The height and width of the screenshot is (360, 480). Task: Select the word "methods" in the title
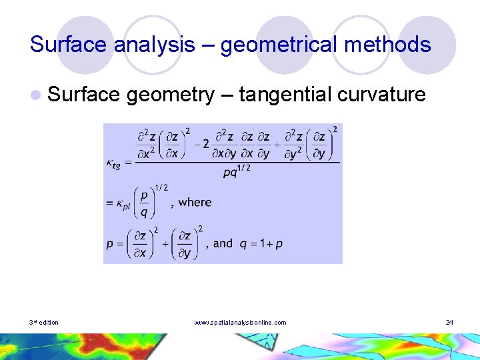[392, 45]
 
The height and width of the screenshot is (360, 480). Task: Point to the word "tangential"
[285, 95]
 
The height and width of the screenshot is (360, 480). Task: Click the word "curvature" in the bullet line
[381, 95]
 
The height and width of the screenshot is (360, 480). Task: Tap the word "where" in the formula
[195, 202]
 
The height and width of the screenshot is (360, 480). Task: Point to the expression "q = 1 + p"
[261, 243]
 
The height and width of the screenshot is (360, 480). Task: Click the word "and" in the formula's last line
[223, 243]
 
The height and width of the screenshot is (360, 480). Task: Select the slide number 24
[449, 323]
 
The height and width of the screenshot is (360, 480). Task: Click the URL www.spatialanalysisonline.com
[240, 323]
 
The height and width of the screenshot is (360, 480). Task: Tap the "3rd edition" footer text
[44, 323]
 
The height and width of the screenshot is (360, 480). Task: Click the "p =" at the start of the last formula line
[114, 244]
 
